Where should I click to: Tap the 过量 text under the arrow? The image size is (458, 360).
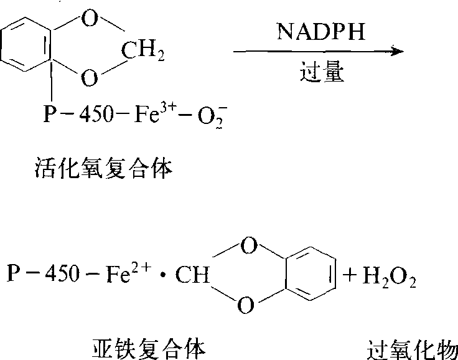tap(318, 72)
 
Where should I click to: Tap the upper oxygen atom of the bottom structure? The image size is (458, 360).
tap(247, 248)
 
